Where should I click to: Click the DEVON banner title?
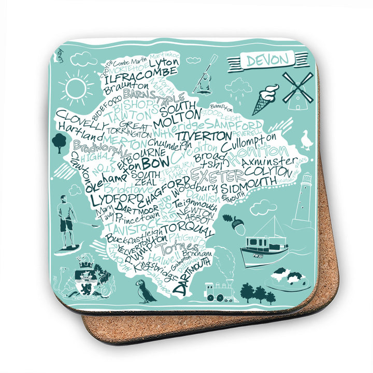point(267,60)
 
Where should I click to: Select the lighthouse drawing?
point(304,199)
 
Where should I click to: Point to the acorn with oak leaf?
point(234,223)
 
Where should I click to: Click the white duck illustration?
point(308,140)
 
